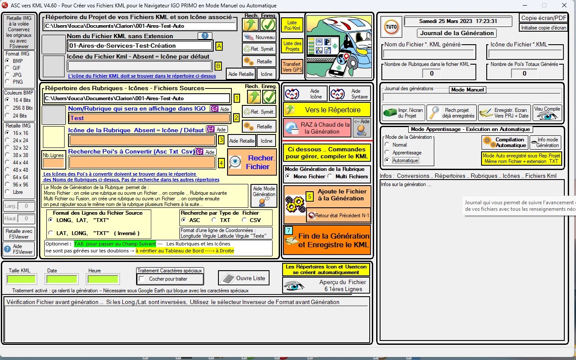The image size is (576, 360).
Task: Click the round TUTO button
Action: tap(391, 27)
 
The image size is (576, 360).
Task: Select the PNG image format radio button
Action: tap(7, 82)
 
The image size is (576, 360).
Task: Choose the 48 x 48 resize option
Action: tap(7, 170)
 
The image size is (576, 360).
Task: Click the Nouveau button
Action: tap(259, 37)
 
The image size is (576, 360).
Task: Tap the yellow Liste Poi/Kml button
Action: tap(292, 25)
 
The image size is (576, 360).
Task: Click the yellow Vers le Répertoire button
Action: tap(327, 110)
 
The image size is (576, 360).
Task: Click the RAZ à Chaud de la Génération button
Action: tap(317, 128)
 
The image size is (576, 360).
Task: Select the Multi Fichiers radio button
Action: tap(330, 176)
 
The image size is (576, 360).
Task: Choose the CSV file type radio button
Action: tap(244, 220)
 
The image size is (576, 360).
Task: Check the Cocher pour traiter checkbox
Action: tap(141, 279)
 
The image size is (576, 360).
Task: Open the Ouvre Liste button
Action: tap(244, 278)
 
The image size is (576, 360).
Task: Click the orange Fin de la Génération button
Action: tap(327, 240)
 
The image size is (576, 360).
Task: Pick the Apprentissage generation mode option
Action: tap(387, 152)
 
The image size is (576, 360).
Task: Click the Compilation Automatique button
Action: tap(505, 142)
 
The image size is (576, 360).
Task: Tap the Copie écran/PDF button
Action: tap(543, 18)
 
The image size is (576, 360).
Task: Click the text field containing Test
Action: tap(149, 118)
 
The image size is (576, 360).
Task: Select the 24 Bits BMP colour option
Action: tap(7, 115)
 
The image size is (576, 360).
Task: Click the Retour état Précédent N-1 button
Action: tap(338, 216)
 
